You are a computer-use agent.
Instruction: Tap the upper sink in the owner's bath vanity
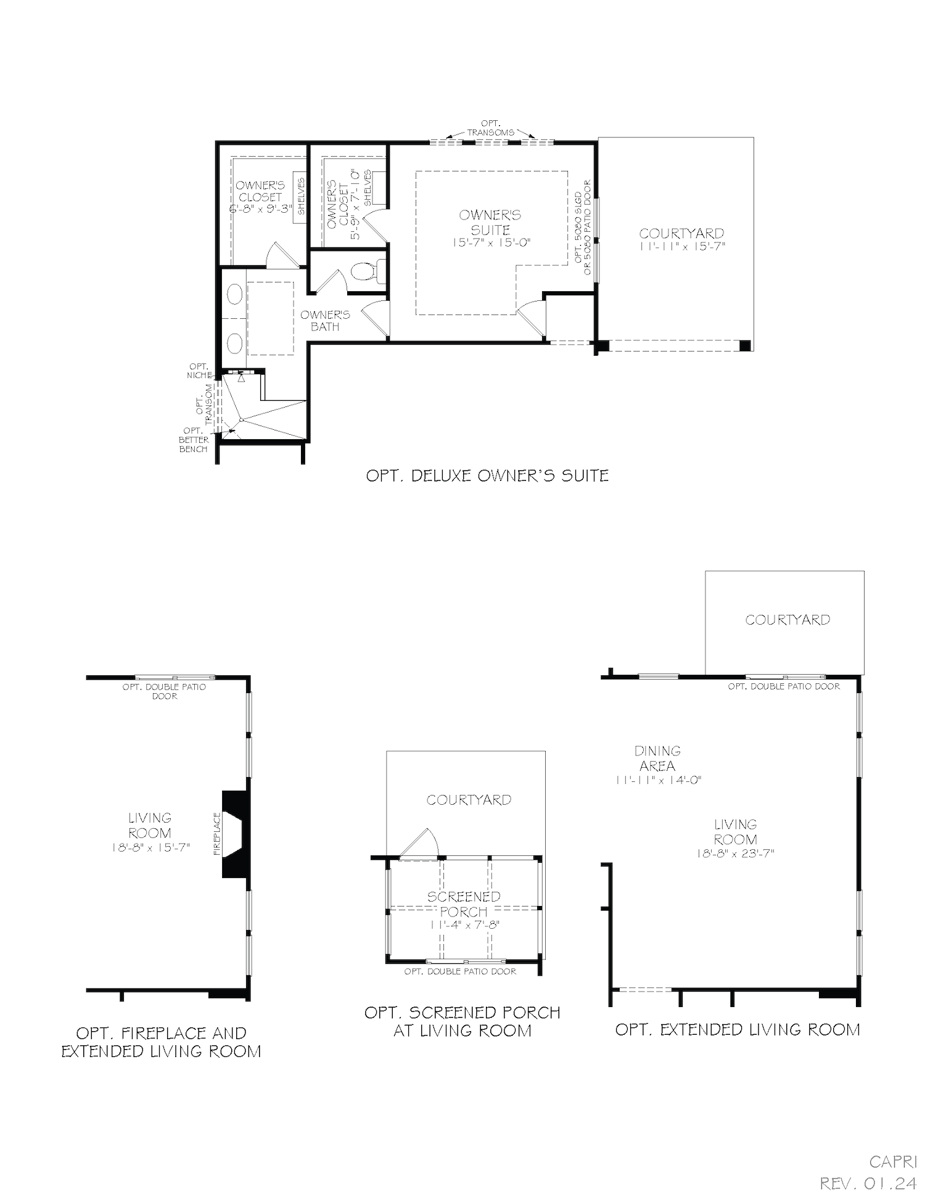(235, 294)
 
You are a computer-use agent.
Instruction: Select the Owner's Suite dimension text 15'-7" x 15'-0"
(491, 243)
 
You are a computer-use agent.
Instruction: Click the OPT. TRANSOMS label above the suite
(491, 128)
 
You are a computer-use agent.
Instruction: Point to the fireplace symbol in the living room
(235, 833)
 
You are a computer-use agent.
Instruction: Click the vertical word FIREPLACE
(217, 833)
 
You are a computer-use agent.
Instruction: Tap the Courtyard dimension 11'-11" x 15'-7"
(681, 245)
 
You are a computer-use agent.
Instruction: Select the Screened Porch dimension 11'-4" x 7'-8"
(464, 925)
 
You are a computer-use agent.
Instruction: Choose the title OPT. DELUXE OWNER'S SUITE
(487, 475)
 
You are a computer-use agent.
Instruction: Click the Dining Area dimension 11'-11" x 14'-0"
(658, 780)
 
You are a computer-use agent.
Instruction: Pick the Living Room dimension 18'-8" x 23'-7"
(735, 854)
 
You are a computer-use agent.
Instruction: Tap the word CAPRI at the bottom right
(893, 1162)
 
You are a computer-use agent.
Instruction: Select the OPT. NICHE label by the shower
(199, 371)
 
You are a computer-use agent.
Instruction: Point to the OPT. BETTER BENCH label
(194, 440)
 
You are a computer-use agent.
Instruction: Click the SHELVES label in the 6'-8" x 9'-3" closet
(301, 196)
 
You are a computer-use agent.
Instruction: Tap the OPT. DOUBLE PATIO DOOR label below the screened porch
(460, 971)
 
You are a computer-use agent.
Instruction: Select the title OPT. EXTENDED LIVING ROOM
(737, 1029)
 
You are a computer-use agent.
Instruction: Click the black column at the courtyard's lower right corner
(746, 345)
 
